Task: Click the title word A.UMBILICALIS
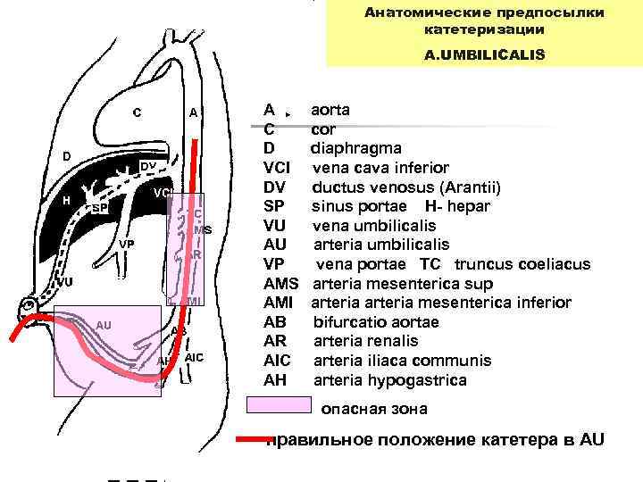click(x=484, y=54)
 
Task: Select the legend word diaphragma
click(x=355, y=148)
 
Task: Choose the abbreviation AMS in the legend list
click(x=282, y=283)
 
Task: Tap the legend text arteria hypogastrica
click(x=389, y=380)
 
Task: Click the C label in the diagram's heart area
click(x=137, y=112)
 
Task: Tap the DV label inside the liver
click(x=149, y=167)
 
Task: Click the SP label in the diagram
click(x=100, y=208)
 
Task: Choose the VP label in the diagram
click(x=127, y=245)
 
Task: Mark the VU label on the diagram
click(x=63, y=282)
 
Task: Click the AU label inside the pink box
click(x=104, y=325)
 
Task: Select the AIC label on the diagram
click(x=195, y=357)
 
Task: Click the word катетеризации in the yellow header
click(x=484, y=29)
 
